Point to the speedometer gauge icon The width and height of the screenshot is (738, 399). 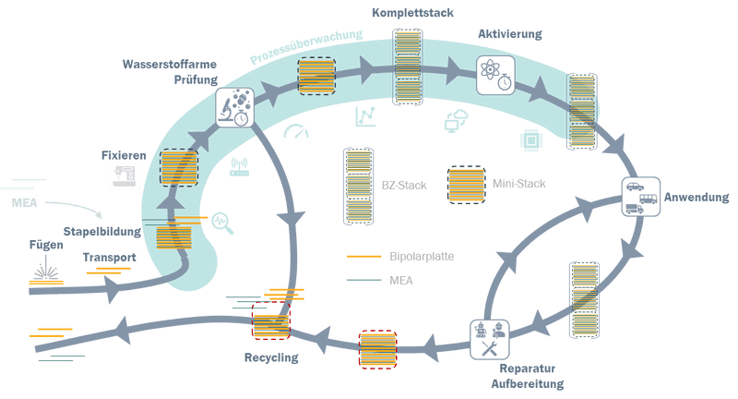297,132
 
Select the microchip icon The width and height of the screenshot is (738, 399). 531,137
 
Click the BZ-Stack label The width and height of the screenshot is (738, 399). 398,185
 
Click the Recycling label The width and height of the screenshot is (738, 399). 271,357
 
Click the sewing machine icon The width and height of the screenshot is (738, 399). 122,173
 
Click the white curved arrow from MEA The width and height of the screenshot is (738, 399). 78,209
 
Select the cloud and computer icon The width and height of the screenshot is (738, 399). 456,120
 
